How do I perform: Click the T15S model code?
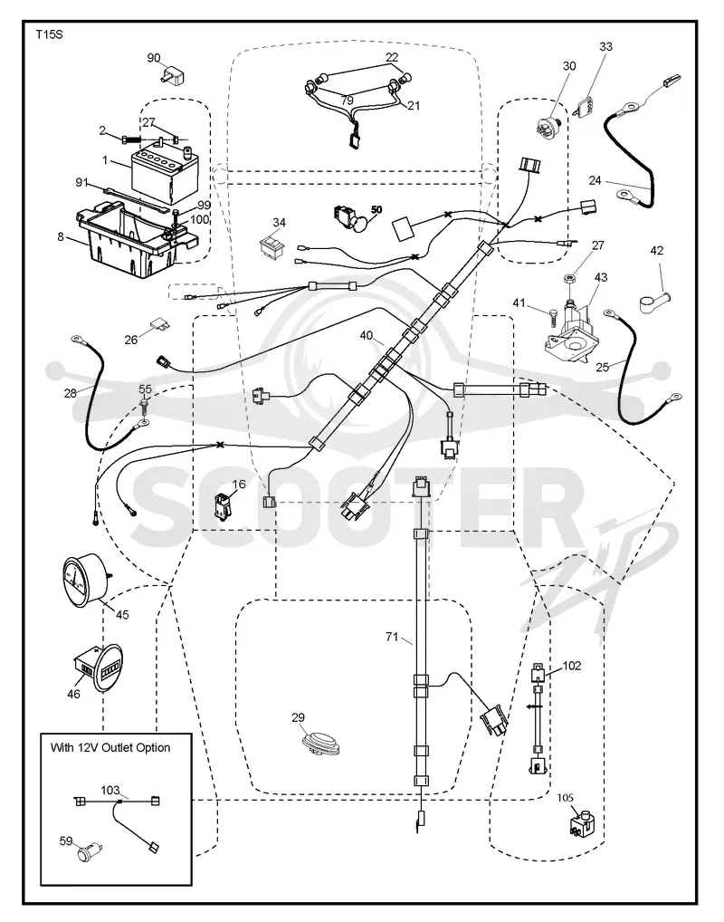[x=49, y=34]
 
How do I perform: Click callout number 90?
[x=153, y=58]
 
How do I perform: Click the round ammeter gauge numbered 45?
[x=83, y=579]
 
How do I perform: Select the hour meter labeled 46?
[x=100, y=668]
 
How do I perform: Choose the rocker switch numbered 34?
[x=272, y=247]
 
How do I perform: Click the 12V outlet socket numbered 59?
[x=89, y=852]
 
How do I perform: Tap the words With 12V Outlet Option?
[x=110, y=747]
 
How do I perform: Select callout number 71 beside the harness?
[x=392, y=636]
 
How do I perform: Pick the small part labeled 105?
[x=581, y=822]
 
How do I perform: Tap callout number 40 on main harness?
[x=367, y=335]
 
